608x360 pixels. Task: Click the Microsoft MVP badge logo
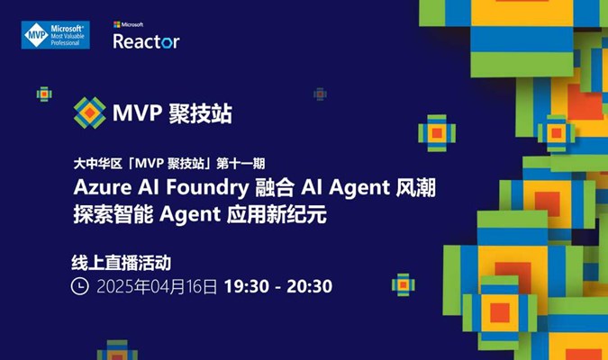[x=56, y=35]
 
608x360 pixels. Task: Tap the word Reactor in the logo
[x=146, y=41]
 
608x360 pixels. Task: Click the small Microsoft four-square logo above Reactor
[x=117, y=24]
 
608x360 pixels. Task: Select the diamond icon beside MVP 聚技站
[x=89, y=112]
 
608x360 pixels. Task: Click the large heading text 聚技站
[x=200, y=113]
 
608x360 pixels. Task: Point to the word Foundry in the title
[x=207, y=188]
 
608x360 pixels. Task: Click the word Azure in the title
[x=103, y=187]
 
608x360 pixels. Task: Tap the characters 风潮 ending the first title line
[x=416, y=187]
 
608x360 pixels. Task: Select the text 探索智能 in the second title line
[x=113, y=214]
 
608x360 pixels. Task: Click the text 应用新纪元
[x=277, y=214]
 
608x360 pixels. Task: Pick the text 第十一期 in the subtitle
[x=240, y=164]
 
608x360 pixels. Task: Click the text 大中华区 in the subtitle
[x=98, y=164]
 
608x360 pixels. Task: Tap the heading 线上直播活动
[x=122, y=263]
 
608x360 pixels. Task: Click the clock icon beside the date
[x=80, y=286]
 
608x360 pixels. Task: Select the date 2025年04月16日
[x=157, y=287]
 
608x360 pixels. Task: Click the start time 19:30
[x=247, y=287]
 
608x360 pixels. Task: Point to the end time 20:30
[x=310, y=287]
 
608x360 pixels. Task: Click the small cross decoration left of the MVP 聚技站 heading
[x=44, y=94]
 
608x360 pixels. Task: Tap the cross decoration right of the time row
[x=404, y=284]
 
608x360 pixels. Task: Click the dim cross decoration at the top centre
[x=320, y=94]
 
